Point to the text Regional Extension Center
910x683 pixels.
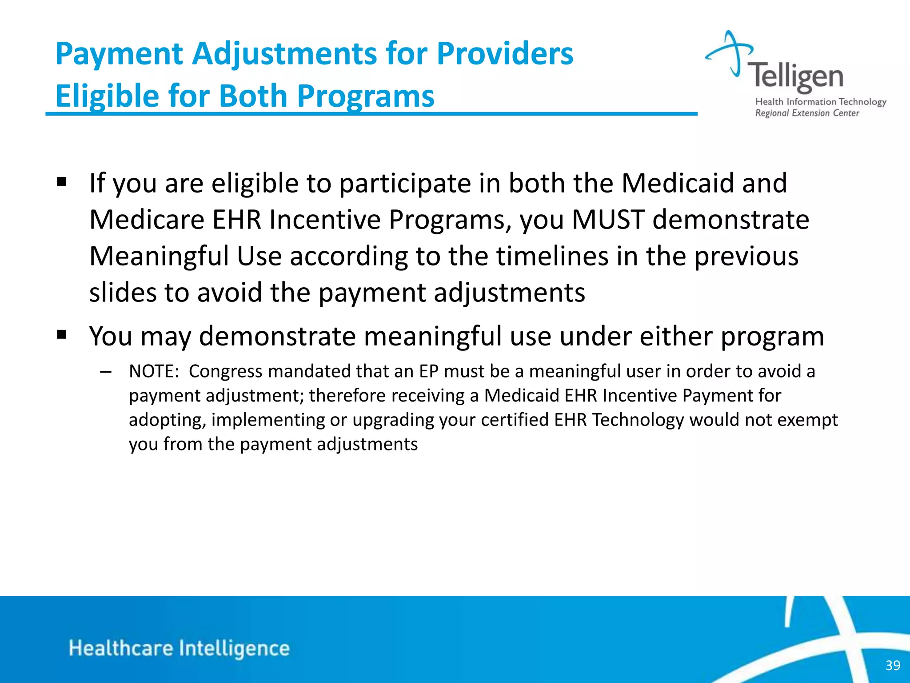(x=807, y=113)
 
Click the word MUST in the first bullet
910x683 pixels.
(x=608, y=220)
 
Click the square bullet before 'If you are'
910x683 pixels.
(x=62, y=182)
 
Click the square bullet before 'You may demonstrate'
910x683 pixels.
(x=62, y=334)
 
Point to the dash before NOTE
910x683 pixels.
(x=106, y=372)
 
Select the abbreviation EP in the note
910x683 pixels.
(x=429, y=371)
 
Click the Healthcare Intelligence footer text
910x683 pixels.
(x=179, y=648)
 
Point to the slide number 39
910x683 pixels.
(x=893, y=665)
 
